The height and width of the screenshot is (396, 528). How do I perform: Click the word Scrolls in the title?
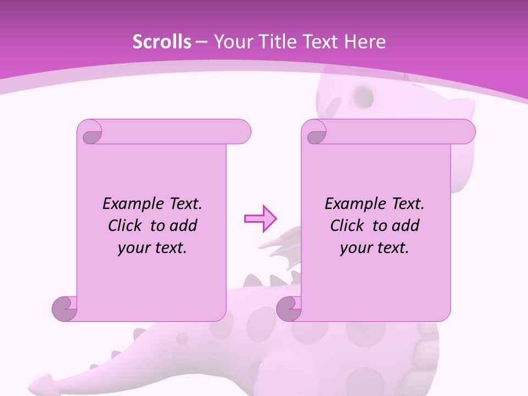coord(162,42)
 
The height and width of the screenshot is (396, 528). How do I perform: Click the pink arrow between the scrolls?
coord(260,218)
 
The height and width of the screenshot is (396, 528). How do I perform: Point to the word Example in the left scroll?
coord(130,204)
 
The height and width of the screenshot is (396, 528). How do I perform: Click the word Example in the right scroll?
coord(352,204)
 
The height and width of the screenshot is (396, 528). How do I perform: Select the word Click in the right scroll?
coord(347,226)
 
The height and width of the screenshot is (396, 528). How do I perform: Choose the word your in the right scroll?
coord(355,248)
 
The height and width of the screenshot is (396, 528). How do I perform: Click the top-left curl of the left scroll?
coord(90,133)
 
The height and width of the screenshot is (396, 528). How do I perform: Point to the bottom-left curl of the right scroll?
coord(289,309)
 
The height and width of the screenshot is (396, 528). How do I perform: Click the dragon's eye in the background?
coord(364,97)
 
